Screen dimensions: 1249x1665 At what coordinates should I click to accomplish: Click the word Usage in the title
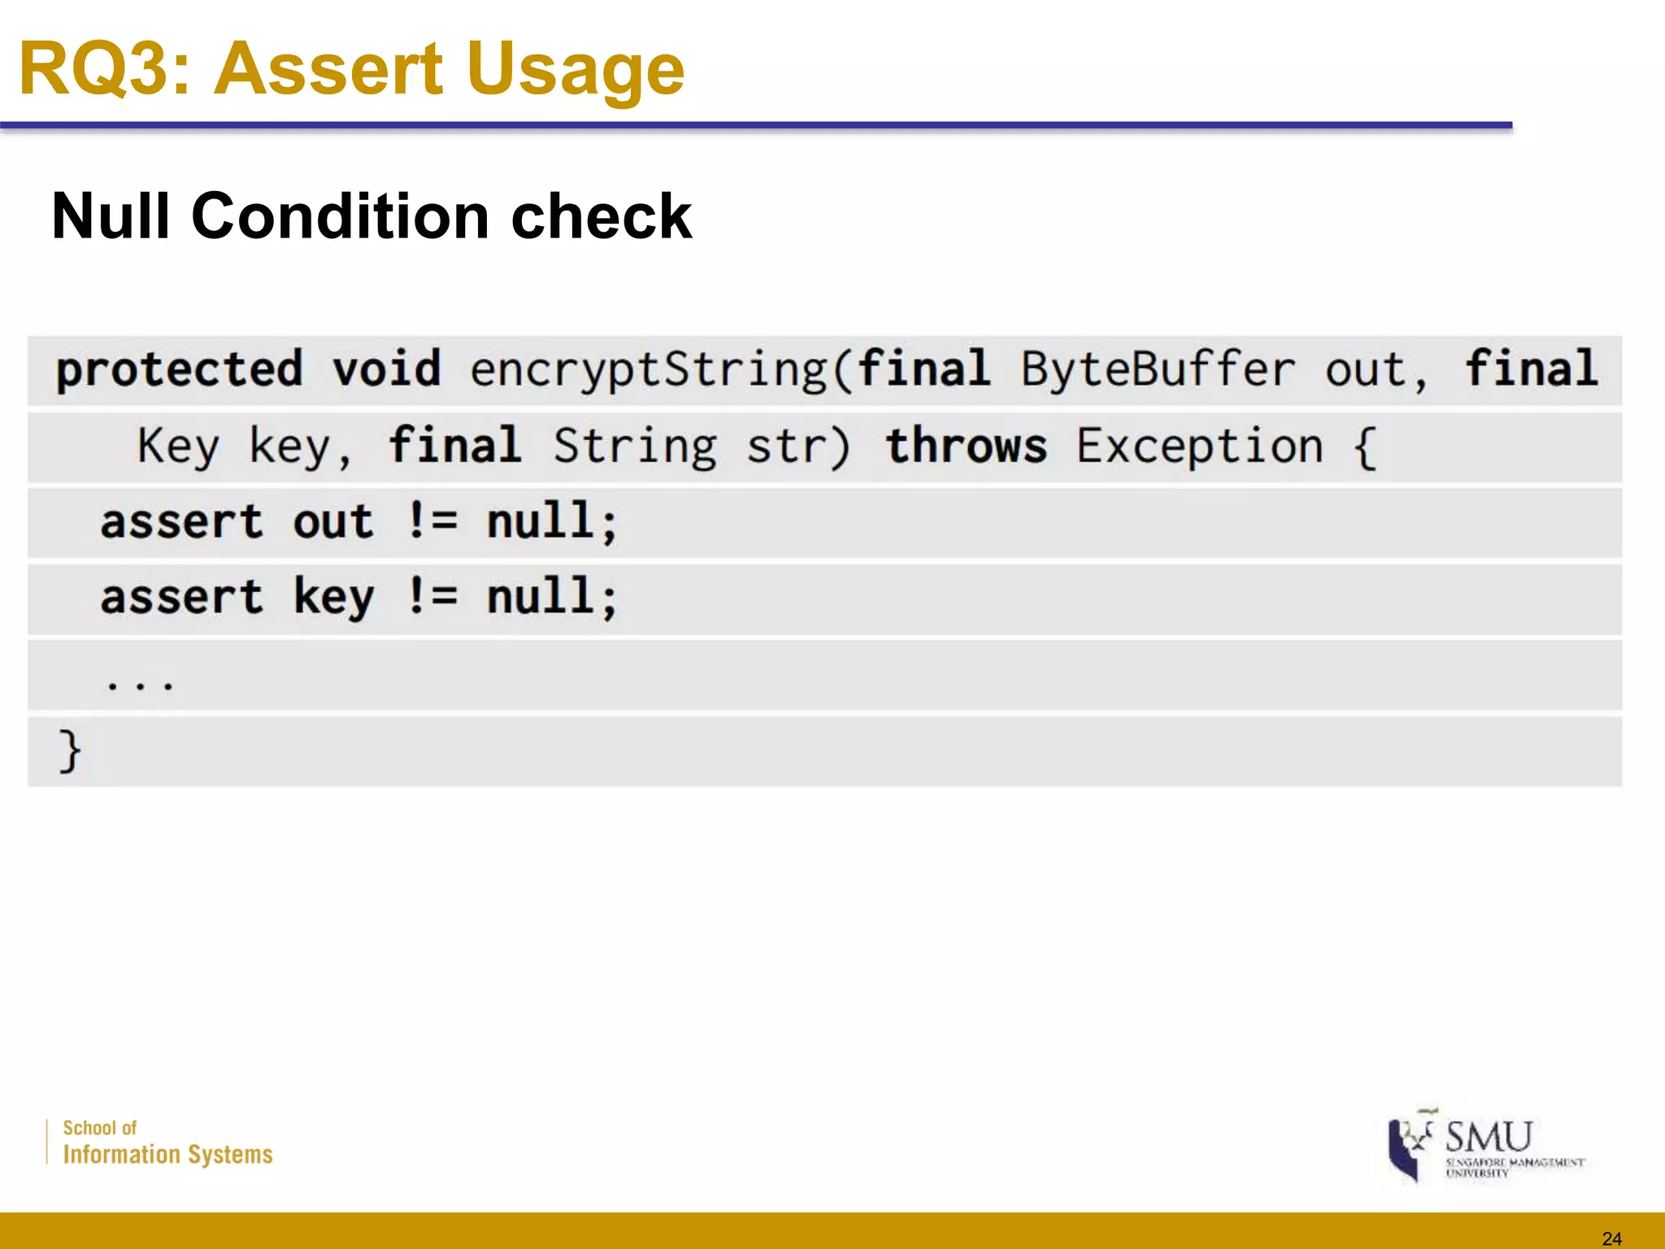(x=575, y=70)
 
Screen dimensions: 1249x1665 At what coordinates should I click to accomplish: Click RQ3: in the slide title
(x=104, y=70)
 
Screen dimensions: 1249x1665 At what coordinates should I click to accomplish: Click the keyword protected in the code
(x=180, y=370)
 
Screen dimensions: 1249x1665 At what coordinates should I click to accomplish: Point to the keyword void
(x=386, y=368)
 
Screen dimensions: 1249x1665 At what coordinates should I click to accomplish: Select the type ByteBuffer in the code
(x=1158, y=370)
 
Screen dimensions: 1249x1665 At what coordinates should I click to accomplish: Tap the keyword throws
(x=966, y=446)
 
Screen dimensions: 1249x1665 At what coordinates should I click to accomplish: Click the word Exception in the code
(x=1199, y=446)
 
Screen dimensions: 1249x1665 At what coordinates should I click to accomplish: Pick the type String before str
(x=635, y=446)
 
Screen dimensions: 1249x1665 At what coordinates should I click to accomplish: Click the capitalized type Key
(x=178, y=446)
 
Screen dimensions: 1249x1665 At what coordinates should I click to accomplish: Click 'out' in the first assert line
(x=333, y=521)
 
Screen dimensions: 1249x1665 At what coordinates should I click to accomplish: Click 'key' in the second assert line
(x=333, y=598)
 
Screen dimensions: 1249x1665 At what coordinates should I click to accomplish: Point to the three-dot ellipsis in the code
(x=139, y=684)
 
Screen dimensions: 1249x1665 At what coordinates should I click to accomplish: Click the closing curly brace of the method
(x=70, y=751)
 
